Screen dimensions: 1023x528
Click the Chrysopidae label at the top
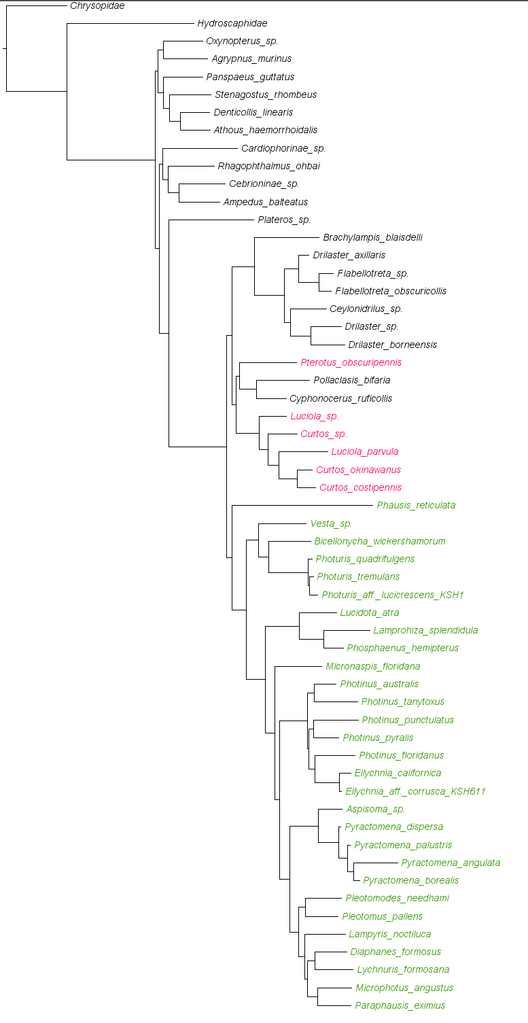click(x=97, y=5)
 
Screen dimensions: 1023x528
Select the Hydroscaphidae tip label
click(x=232, y=23)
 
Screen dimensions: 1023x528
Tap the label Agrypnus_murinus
click(x=251, y=59)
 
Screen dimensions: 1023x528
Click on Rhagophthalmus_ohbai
click(x=268, y=166)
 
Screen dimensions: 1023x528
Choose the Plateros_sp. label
click(x=284, y=220)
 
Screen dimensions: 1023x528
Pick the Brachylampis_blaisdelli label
click(x=372, y=237)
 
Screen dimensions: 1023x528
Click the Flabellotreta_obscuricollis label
click(x=391, y=291)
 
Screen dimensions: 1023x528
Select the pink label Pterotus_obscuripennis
click(x=351, y=362)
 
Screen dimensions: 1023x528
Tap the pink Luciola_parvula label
click(x=364, y=451)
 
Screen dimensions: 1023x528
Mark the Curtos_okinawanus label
click(x=358, y=470)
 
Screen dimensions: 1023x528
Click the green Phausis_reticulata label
click(x=416, y=505)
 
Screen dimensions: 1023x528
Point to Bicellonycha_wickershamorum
click(x=379, y=541)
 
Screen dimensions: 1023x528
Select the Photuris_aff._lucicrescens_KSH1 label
click(x=392, y=595)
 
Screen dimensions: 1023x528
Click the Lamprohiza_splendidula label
click(x=425, y=630)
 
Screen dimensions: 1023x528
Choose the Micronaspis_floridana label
click(x=372, y=666)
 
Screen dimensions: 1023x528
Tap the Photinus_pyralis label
click(x=378, y=738)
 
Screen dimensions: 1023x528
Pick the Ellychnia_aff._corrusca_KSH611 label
click(x=415, y=791)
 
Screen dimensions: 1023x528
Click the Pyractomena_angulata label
click(x=451, y=863)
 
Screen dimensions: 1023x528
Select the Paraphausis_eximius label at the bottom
click(x=400, y=1005)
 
